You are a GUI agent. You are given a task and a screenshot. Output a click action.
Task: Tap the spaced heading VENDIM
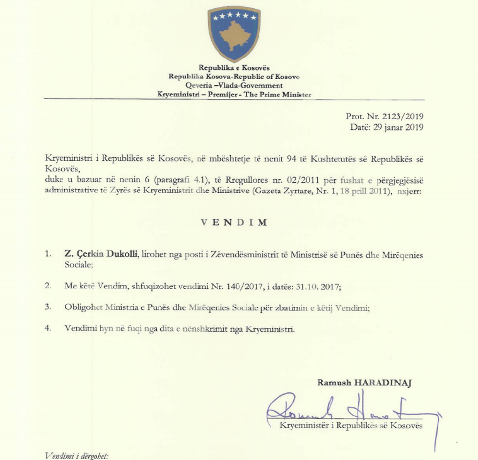[x=234, y=222]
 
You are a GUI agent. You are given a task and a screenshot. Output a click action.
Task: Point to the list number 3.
[x=47, y=308]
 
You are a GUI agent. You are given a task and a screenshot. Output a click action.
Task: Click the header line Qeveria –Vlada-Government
[x=234, y=85]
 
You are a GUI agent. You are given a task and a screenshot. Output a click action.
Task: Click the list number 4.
[x=47, y=329]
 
